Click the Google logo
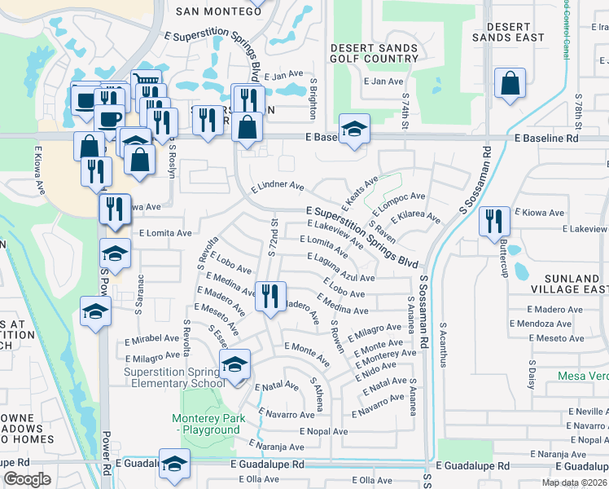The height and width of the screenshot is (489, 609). (27, 479)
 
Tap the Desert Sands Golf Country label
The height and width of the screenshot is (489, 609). (375, 54)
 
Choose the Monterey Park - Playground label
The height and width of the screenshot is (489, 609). (206, 425)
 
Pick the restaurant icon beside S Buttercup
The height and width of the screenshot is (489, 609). (494, 222)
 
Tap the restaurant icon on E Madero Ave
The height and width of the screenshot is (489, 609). (269, 296)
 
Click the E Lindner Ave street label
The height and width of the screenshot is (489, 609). (278, 186)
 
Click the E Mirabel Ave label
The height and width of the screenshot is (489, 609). (151, 338)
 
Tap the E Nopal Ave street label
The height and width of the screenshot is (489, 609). (323, 431)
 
